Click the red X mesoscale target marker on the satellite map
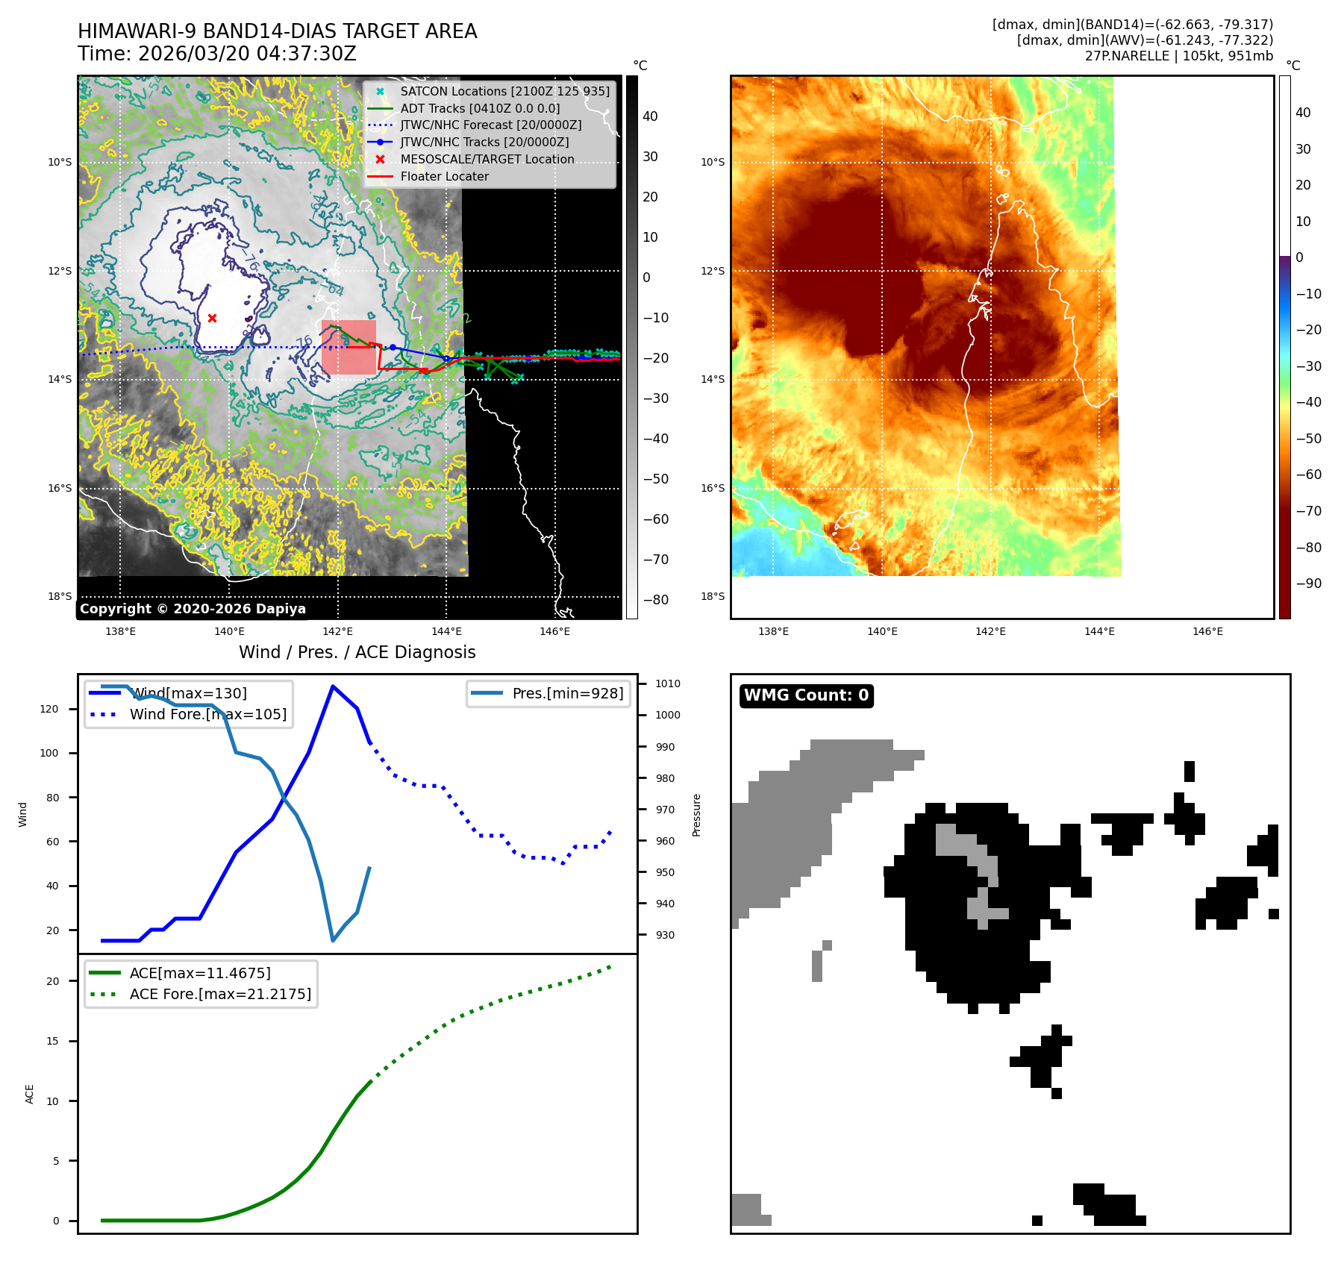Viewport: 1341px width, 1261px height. tap(212, 318)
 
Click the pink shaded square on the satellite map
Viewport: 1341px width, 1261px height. tap(348, 347)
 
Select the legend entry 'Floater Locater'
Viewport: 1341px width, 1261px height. tap(444, 177)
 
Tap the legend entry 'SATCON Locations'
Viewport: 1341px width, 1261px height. tap(504, 92)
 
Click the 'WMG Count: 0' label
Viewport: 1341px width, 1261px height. tap(806, 695)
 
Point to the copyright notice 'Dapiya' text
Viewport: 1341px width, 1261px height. tap(193, 609)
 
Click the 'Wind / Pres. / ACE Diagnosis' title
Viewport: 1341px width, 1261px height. tap(357, 652)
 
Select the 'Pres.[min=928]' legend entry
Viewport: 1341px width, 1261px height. tap(567, 693)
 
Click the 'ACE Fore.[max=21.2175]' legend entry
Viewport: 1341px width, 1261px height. tap(220, 994)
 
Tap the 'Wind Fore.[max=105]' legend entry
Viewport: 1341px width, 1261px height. tap(207, 714)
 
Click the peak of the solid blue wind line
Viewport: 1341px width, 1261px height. tap(332, 686)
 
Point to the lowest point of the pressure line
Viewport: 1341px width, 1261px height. tap(333, 940)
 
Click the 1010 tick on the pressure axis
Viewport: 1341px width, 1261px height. tap(667, 683)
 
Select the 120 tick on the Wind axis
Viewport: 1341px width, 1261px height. tap(49, 709)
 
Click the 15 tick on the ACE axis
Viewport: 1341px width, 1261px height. tap(52, 1041)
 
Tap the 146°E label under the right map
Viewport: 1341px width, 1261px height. tap(1207, 631)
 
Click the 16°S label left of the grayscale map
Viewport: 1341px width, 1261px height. tap(60, 488)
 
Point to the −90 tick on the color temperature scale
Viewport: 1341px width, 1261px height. tap(1308, 583)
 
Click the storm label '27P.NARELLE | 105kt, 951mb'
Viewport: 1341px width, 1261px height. tap(1178, 56)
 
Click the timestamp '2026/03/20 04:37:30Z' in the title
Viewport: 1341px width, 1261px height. tap(247, 54)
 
